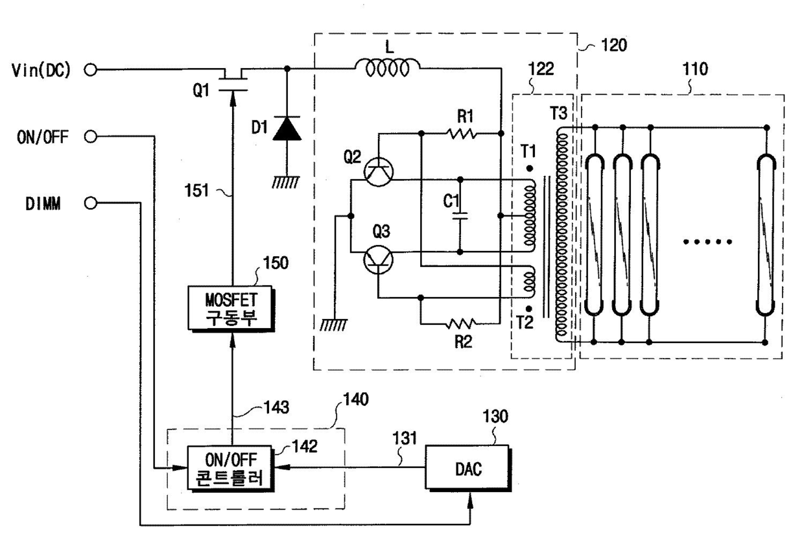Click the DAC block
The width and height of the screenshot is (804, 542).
[x=467, y=467]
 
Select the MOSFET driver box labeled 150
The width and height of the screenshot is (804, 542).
[x=231, y=309]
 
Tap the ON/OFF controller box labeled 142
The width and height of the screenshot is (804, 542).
[x=230, y=469]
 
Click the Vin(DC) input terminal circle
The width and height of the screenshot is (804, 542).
[x=91, y=69]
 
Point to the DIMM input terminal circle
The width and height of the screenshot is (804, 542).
[x=91, y=203]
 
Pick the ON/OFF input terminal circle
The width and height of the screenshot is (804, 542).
[x=91, y=136]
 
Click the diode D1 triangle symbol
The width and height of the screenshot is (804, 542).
[x=287, y=128]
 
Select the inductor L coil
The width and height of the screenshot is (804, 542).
[x=387, y=68]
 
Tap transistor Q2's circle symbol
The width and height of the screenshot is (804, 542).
[x=378, y=172]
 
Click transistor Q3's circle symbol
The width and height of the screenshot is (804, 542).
[x=378, y=259]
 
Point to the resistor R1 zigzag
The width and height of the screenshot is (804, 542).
[x=462, y=134]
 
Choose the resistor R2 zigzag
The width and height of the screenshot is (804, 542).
[x=461, y=324]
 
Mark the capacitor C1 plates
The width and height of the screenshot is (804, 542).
[x=460, y=216]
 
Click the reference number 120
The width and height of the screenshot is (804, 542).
[x=614, y=45]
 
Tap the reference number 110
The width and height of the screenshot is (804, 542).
[x=695, y=69]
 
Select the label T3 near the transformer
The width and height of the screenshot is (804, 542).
[x=558, y=113]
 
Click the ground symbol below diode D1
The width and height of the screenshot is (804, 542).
[x=286, y=182]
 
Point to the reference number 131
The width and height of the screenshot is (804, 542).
[x=405, y=438]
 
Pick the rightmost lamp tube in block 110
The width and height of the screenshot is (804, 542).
[x=766, y=235]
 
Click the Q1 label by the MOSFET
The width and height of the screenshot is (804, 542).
[x=201, y=90]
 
